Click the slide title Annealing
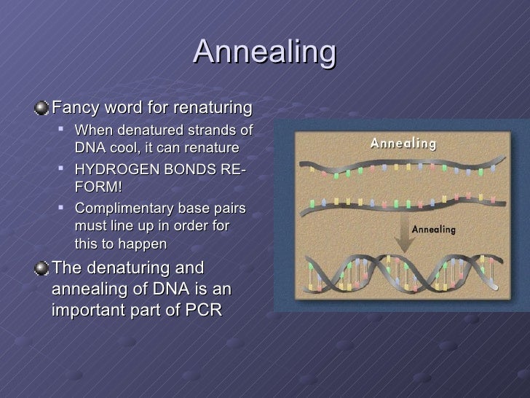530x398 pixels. coord(265,52)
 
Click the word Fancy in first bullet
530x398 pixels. coord(73,109)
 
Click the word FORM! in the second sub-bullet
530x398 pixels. coord(98,187)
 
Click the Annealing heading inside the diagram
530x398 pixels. coord(403,143)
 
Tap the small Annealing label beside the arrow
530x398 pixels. coord(434,229)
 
